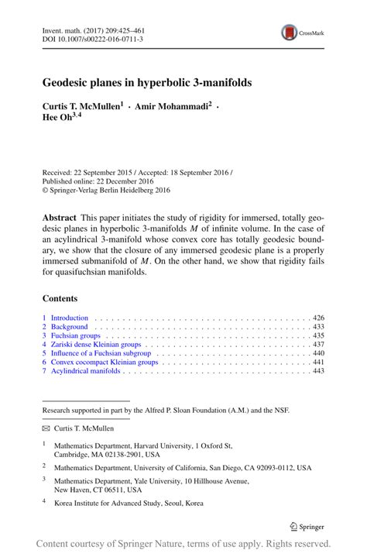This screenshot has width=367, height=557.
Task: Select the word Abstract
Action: coord(60,219)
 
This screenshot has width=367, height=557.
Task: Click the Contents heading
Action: coord(60,297)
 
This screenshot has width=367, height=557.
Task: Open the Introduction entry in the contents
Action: coord(70,318)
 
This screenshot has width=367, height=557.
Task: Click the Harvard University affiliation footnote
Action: coord(143,449)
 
